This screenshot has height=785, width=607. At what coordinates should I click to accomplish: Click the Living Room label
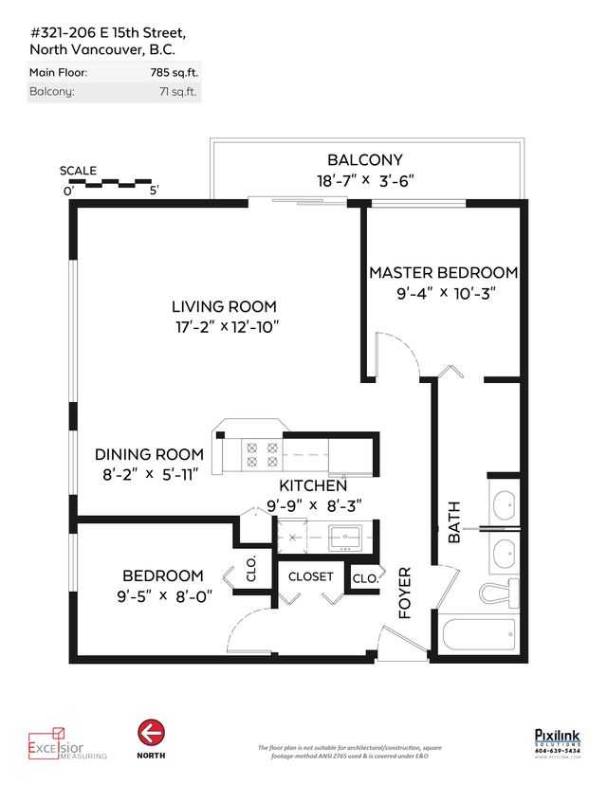[x=224, y=306]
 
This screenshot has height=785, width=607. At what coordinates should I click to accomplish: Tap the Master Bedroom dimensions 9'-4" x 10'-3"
[x=443, y=294]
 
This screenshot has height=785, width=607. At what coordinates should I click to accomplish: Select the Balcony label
[x=365, y=160]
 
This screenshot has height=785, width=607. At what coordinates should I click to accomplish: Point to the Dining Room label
[x=149, y=454]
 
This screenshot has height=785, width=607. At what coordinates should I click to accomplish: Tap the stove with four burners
[x=261, y=453]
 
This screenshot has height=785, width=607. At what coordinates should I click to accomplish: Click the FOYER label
[x=405, y=593]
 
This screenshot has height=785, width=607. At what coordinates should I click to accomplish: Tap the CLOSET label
[x=311, y=576]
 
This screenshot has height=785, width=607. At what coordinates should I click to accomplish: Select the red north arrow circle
[x=150, y=731]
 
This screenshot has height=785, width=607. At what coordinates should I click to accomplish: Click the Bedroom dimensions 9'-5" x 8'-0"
[x=161, y=596]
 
